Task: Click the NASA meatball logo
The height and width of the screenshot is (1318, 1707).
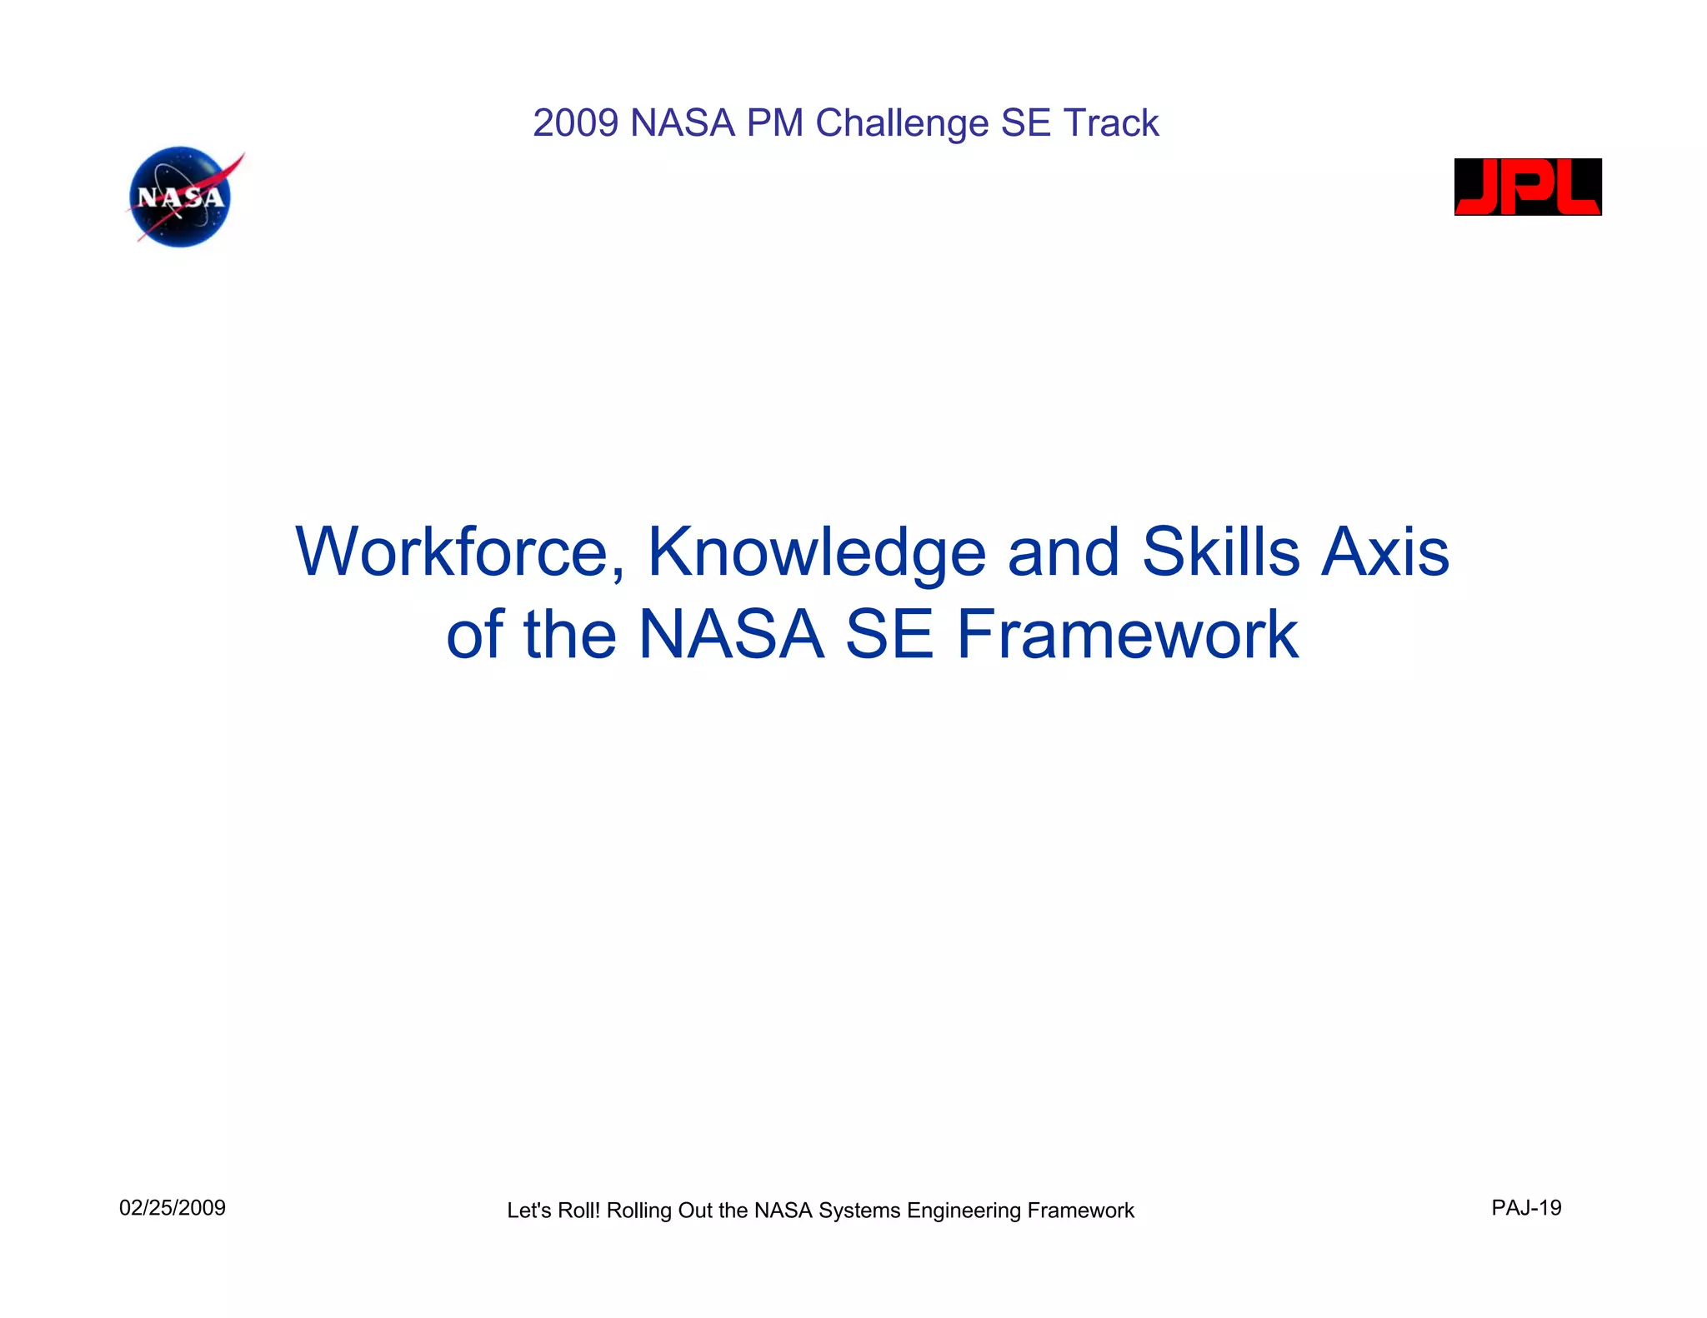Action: click(180, 197)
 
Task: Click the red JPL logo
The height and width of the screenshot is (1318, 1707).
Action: click(1527, 187)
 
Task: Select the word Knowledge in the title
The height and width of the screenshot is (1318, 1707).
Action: click(817, 552)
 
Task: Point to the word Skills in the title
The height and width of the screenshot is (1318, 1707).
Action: click(1220, 552)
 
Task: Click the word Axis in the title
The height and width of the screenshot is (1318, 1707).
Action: click(1385, 552)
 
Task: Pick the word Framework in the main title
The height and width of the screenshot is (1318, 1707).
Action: click(1127, 635)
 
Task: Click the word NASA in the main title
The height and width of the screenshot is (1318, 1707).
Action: click(731, 635)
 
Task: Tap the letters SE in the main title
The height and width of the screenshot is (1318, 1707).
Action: click(889, 635)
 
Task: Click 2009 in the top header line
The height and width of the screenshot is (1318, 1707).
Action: click(576, 123)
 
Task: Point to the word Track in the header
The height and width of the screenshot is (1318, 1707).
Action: click(1111, 123)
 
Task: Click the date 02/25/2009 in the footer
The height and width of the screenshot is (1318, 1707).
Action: click(173, 1208)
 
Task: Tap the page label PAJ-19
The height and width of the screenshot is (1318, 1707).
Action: click(1526, 1208)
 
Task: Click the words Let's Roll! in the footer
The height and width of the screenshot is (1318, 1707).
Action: click(553, 1211)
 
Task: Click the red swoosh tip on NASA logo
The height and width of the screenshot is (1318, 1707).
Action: click(238, 158)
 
